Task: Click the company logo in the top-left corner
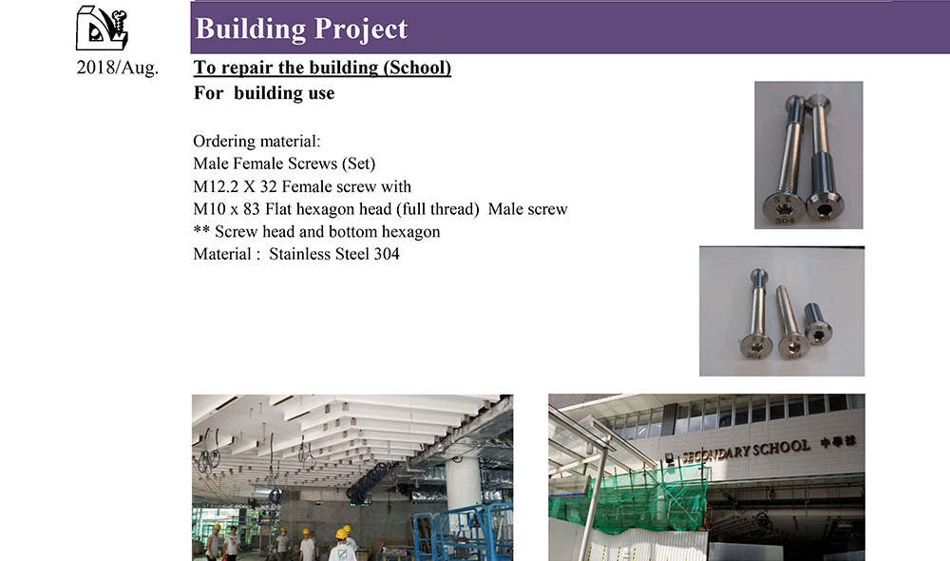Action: [102, 29]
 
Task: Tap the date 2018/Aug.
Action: [118, 68]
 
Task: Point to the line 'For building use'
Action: [264, 93]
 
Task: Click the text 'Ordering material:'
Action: [256, 142]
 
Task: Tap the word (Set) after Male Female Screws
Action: [359, 164]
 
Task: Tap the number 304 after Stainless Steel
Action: [387, 254]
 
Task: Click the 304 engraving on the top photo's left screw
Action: [784, 221]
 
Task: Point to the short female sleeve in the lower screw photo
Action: [817, 324]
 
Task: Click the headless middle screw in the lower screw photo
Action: [791, 321]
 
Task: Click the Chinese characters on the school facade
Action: [838, 441]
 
